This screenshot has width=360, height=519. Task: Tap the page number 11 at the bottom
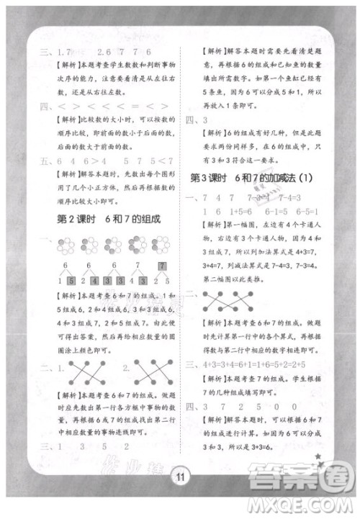pyautogui.click(x=180, y=475)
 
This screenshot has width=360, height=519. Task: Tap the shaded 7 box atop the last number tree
pyautogui.click(x=162, y=265)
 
